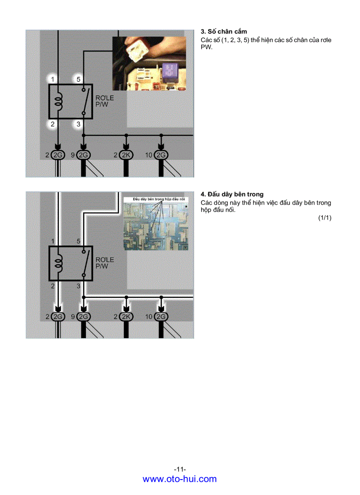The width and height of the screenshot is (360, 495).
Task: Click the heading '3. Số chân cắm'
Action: coord(224,31)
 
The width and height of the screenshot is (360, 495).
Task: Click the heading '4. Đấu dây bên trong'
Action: coord(232,194)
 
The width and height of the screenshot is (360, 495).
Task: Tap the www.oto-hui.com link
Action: coord(180,479)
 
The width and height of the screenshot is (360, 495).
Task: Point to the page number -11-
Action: coord(180,469)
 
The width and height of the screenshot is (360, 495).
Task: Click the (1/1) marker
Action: coord(324,218)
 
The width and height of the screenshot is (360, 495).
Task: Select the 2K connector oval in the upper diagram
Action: coord(126,155)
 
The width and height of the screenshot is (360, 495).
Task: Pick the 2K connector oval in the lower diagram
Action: coord(126,317)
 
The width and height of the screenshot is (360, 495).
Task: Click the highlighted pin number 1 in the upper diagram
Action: coord(52,79)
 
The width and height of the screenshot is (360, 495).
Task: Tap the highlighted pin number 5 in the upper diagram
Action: coord(79,79)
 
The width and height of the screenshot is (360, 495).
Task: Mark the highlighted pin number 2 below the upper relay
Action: coord(52,124)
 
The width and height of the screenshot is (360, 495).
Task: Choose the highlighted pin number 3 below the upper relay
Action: coord(79,124)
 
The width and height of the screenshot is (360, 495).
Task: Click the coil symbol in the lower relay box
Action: coord(58,263)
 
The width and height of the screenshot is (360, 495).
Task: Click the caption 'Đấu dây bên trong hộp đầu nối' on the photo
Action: coord(155,199)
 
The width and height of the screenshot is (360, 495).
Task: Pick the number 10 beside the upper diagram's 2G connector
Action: coord(149,155)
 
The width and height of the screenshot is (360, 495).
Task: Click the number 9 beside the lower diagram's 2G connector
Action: coord(72,317)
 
